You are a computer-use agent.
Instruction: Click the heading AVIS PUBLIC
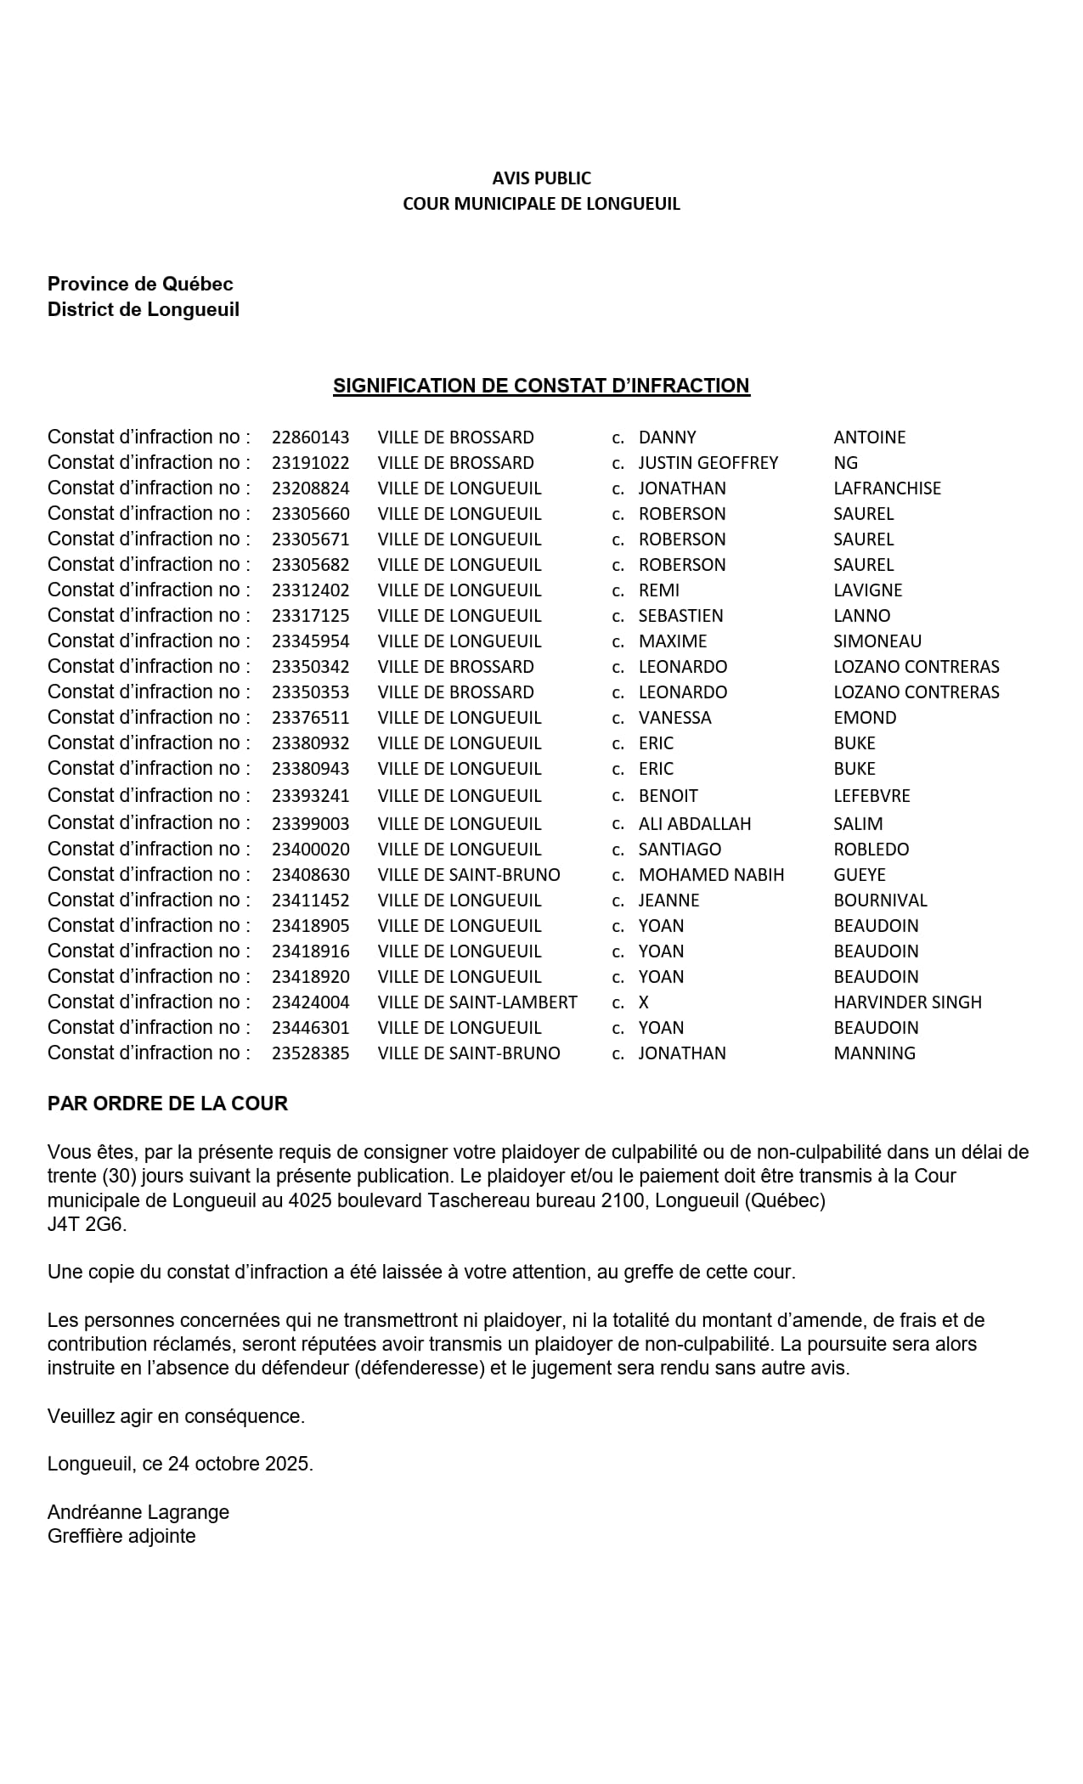(x=541, y=178)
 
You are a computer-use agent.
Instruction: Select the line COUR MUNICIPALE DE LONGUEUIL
(x=541, y=204)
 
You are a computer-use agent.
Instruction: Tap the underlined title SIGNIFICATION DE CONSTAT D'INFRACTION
(x=541, y=386)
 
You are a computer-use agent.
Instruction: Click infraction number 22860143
(x=310, y=438)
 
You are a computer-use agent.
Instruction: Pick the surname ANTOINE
(x=869, y=438)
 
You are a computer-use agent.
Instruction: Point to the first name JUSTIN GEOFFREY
(x=708, y=463)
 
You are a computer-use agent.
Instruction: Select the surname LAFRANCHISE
(x=887, y=488)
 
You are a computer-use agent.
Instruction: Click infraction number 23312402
(x=310, y=590)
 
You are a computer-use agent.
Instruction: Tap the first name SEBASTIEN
(x=680, y=616)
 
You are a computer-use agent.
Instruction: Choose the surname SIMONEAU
(x=877, y=641)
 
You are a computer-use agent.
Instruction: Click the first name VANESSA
(x=674, y=718)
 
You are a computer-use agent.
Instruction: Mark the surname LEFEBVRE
(x=871, y=796)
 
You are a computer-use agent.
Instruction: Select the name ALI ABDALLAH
(x=694, y=824)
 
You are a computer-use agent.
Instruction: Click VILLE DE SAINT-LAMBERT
(x=477, y=1002)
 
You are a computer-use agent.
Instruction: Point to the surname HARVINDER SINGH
(x=907, y=1002)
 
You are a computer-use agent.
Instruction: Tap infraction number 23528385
(x=310, y=1053)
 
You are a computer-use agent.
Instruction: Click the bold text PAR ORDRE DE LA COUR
(x=167, y=1104)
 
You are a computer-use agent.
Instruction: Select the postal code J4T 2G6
(x=87, y=1225)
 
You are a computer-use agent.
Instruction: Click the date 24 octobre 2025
(x=240, y=1464)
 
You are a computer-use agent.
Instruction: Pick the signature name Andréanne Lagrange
(x=138, y=1512)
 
